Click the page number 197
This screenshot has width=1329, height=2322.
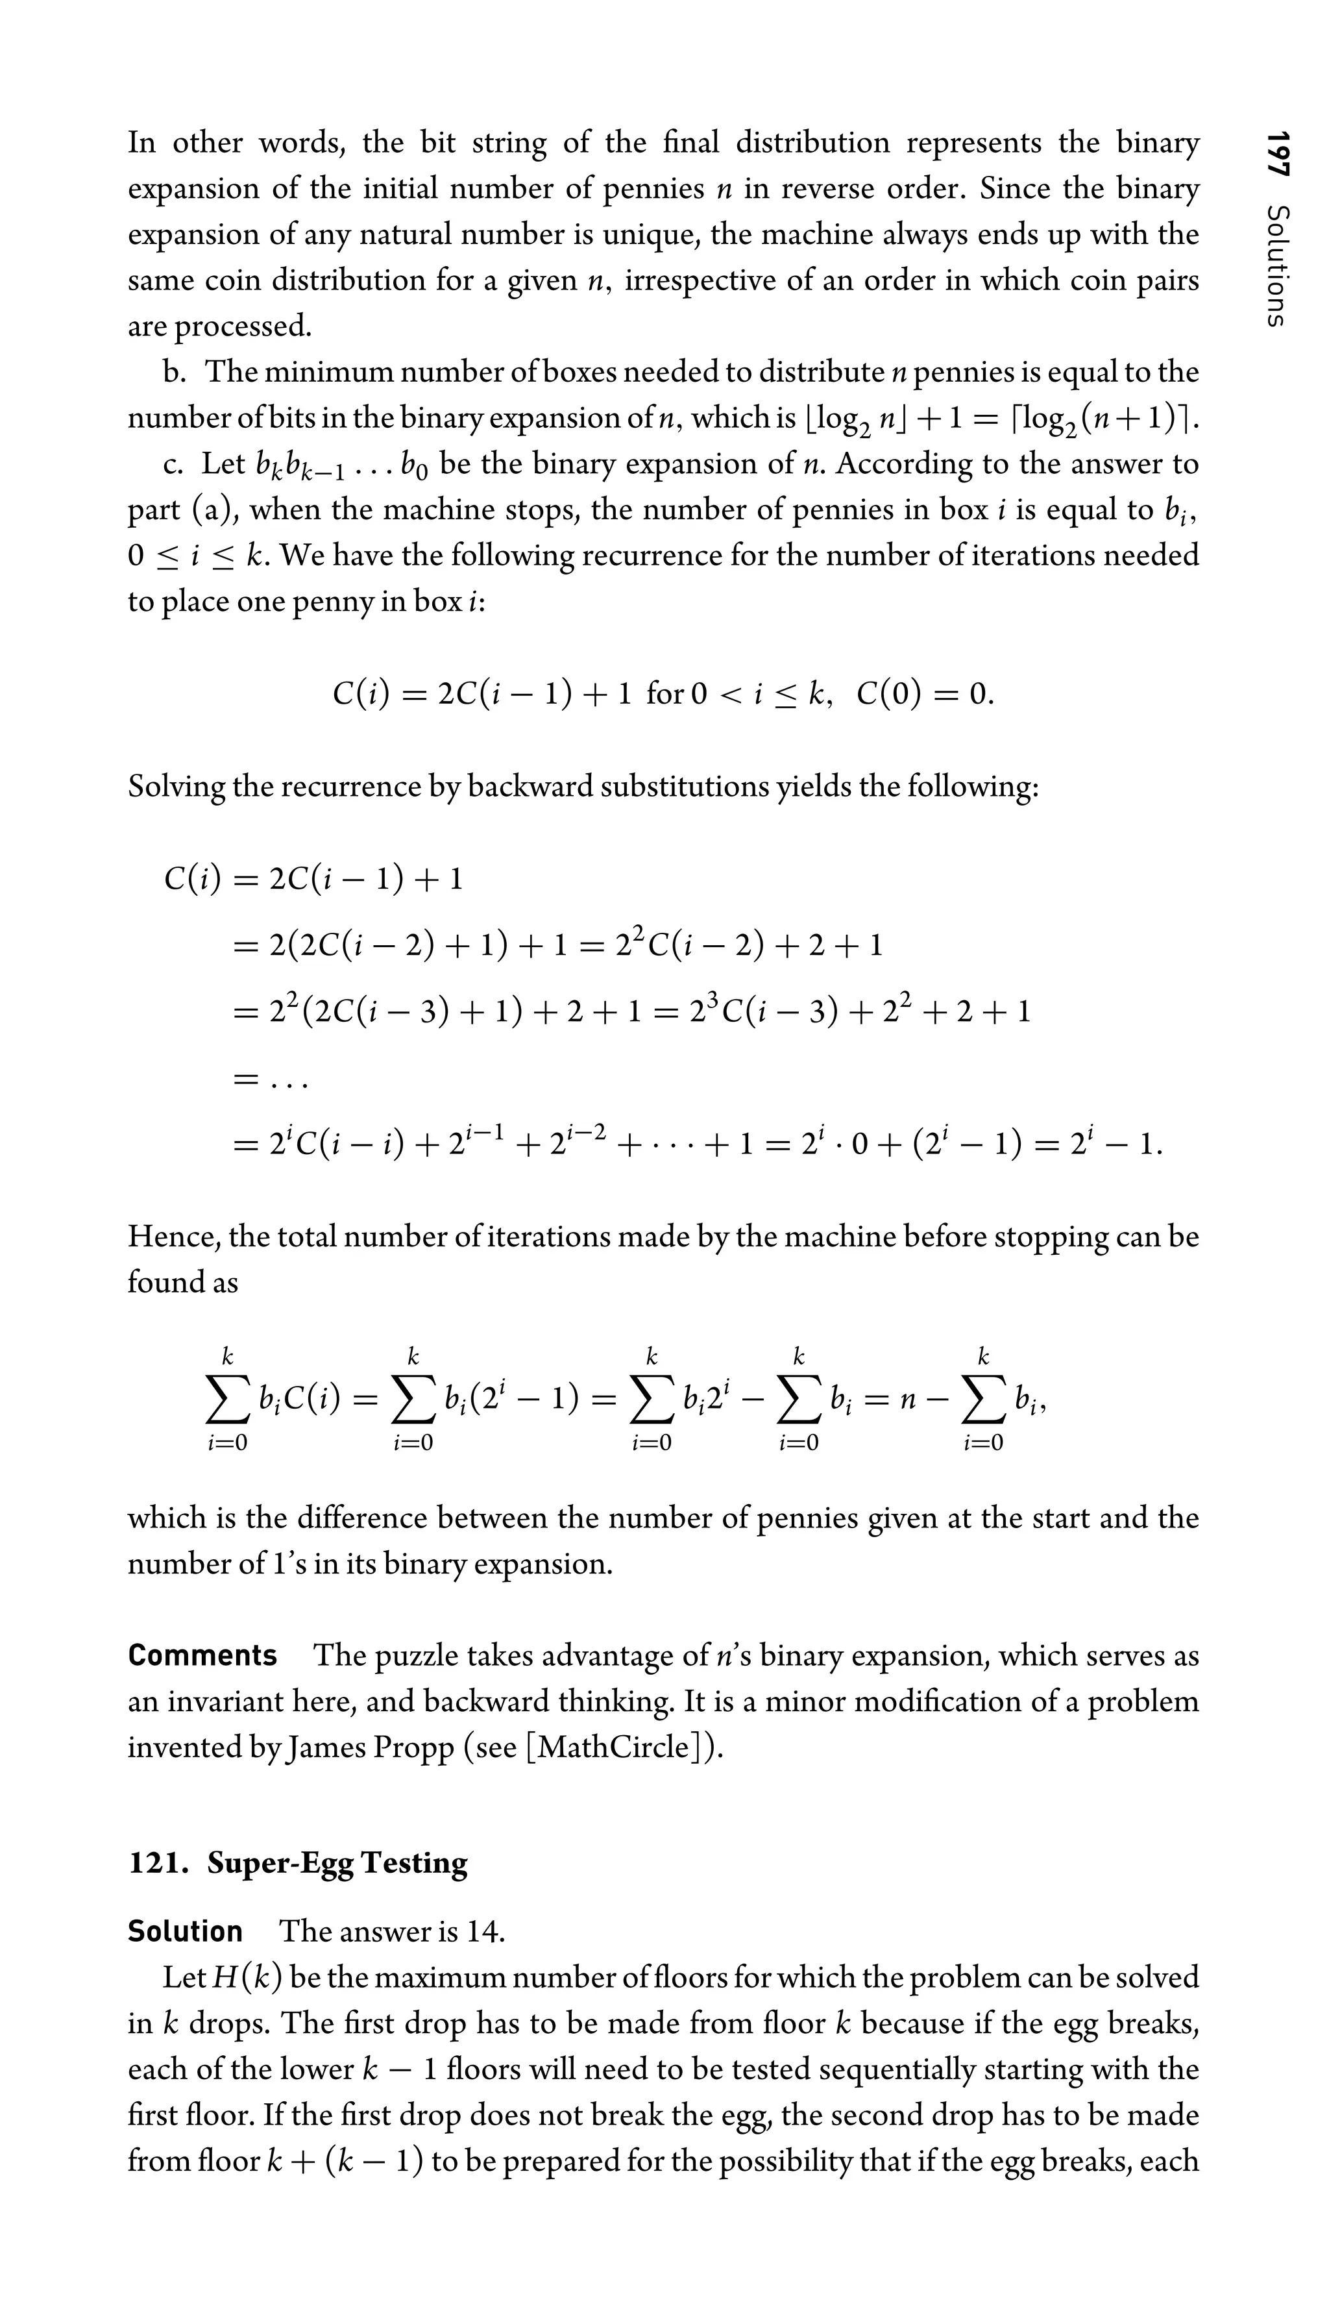point(1276,154)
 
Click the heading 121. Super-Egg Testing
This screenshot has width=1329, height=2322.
point(298,1862)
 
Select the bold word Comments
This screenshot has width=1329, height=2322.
point(202,1655)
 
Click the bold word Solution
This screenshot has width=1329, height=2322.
point(186,1931)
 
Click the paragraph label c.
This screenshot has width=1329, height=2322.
point(171,465)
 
